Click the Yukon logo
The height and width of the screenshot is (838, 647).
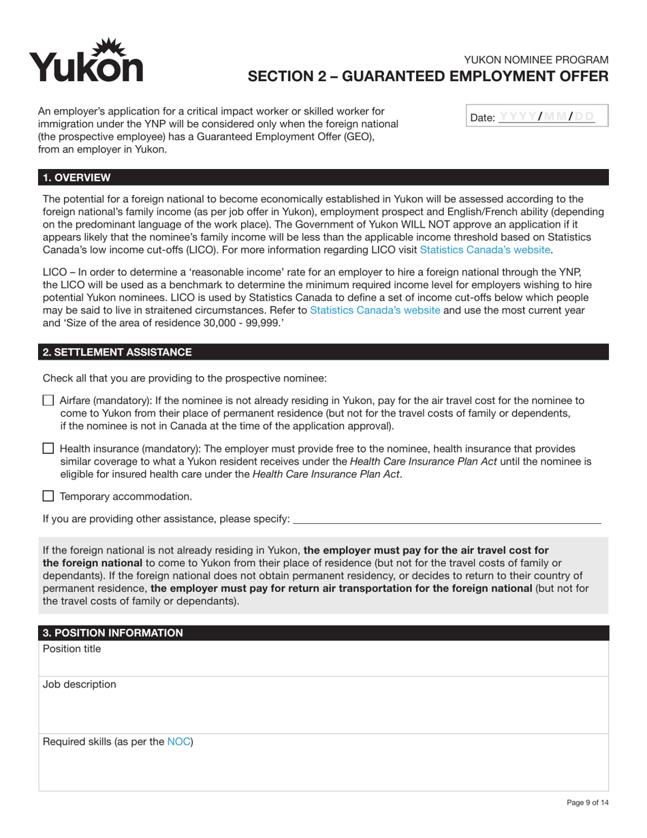pyautogui.click(x=86, y=61)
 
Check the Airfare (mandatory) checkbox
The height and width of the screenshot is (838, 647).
pyautogui.click(x=48, y=401)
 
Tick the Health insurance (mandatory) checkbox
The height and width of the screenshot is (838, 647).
pyautogui.click(x=48, y=449)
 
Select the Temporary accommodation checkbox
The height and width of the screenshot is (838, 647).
pyautogui.click(x=48, y=497)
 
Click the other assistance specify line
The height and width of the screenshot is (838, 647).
pyautogui.click(x=446, y=519)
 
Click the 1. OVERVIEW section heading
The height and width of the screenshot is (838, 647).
pyautogui.click(x=77, y=178)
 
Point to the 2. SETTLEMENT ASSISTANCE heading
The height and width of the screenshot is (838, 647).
pyautogui.click(x=117, y=352)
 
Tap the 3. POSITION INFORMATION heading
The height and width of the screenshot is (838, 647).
pyautogui.click(x=113, y=633)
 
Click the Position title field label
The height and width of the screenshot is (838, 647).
pyautogui.click(x=72, y=649)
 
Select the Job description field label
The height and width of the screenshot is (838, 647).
pyautogui.click(x=79, y=685)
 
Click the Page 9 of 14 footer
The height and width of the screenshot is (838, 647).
pyautogui.click(x=587, y=803)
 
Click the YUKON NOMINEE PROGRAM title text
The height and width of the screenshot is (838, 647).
pyautogui.click(x=535, y=60)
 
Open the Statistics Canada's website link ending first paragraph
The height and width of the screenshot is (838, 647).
pyautogui.click(x=484, y=250)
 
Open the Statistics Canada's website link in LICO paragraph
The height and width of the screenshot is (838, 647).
pyautogui.click(x=375, y=311)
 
